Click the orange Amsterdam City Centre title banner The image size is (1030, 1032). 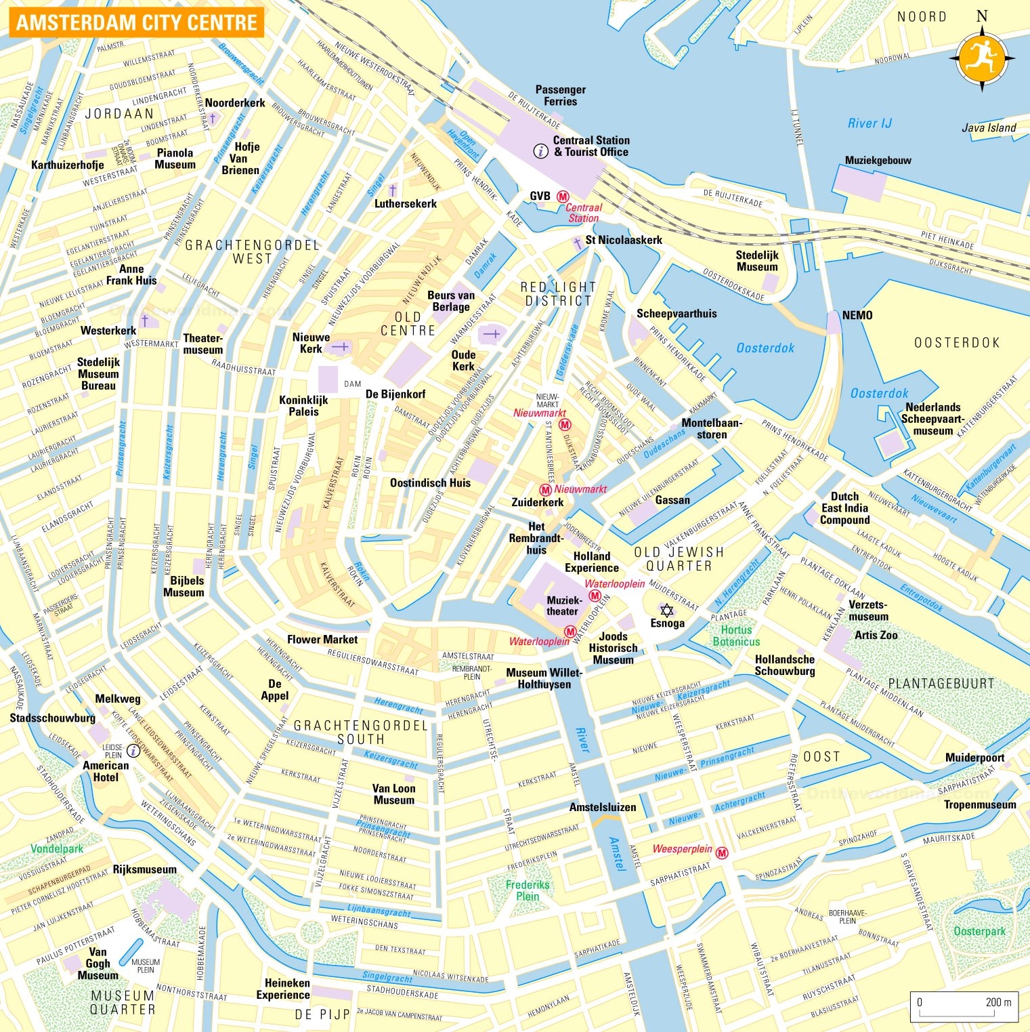point(136,22)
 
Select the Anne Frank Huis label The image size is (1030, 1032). point(131,274)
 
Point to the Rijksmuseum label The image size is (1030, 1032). point(144,869)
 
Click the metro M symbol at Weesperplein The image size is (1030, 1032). point(722,853)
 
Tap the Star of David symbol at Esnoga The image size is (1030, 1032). point(667,611)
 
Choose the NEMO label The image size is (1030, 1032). point(857,315)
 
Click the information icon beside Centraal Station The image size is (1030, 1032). point(540,150)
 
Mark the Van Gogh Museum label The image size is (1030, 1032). point(98,964)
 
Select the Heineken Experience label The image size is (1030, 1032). point(283,989)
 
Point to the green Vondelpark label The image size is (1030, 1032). point(57,848)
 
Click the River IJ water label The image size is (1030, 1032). point(870,123)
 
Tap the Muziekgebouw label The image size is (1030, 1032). point(878,161)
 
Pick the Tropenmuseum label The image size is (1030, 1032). point(980,804)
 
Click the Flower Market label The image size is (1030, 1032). point(322,639)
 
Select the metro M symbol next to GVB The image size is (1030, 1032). point(562,197)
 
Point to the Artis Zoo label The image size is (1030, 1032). point(876,635)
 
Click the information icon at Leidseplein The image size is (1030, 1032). point(134,751)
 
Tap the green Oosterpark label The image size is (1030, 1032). point(979,931)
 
